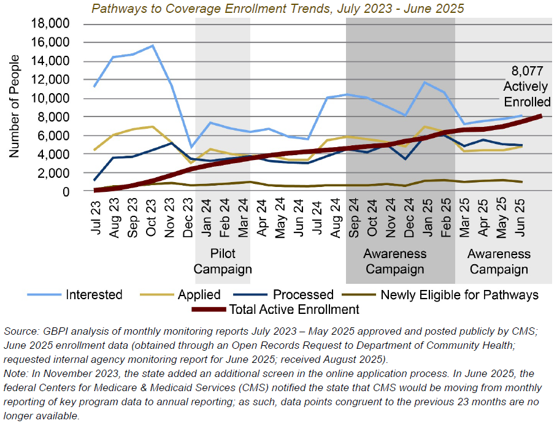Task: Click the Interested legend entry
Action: pos(94,295)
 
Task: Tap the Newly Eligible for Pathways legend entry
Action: pos(459,295)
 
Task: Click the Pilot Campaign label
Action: pos(223,261)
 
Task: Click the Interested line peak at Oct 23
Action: pos(152,45)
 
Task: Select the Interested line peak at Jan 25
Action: pos(424,82)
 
